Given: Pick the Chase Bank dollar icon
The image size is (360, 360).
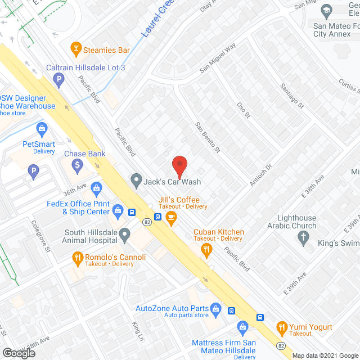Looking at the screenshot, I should click(x=78, y=165).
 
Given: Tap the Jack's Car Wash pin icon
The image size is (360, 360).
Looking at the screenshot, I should click(x=136, y=181).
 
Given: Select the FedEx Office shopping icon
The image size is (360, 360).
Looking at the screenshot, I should click(x=118, y=211).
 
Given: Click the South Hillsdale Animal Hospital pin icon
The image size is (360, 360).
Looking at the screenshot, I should click(x=125, y=233).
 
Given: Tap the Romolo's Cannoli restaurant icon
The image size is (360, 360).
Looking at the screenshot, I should click(x=78, y=259).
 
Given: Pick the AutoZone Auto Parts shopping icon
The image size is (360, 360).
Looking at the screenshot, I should click(x=215, y=308).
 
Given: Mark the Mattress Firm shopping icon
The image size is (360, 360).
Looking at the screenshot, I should click(x=242, y=326).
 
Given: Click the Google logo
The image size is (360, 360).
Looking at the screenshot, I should click(x=19, y=353).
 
